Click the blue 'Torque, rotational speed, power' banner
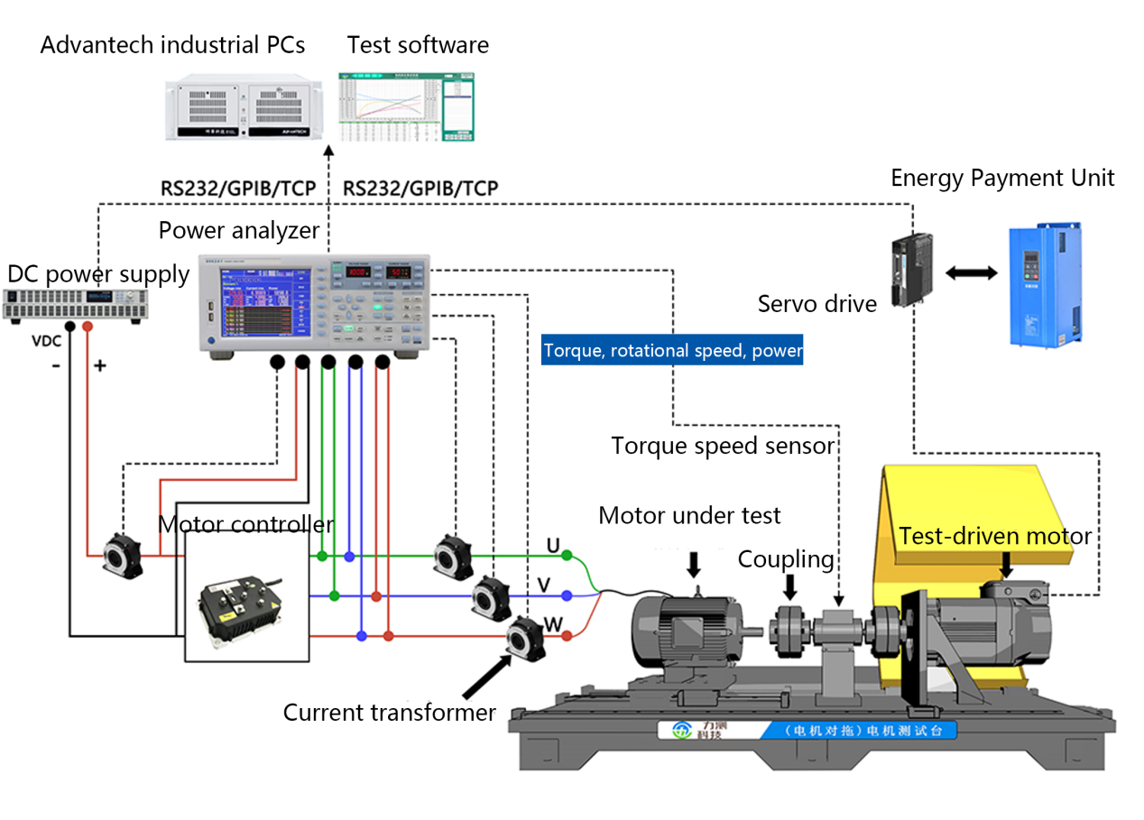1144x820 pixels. [672, 350]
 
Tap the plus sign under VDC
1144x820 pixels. [99, 366]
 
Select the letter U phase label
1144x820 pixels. [553, 546]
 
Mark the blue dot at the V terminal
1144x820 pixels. [567, 595]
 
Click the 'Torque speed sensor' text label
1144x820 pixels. [723, 446]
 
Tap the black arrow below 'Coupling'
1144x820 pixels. [789, 587]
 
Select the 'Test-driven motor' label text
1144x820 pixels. [994, 537]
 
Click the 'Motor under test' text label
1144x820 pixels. [689, 515]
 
